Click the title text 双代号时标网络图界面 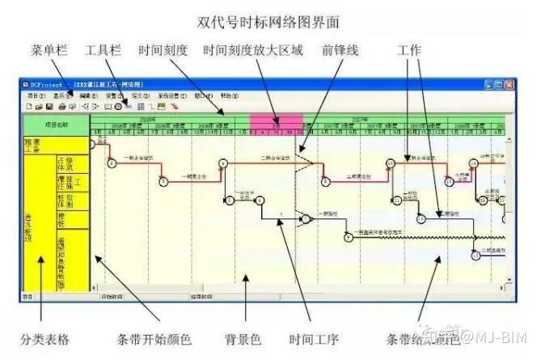[x=270, y=20]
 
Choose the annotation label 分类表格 [x=44, y=339]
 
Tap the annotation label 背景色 [x=243, y=339]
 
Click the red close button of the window [x=510, y=83]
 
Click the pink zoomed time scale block [x=276, y=124]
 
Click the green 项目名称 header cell [x=56, y=125]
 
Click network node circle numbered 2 [x=112, y=163]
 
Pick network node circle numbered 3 [x=163, y=181]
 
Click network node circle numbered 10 [x=390, y=163]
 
